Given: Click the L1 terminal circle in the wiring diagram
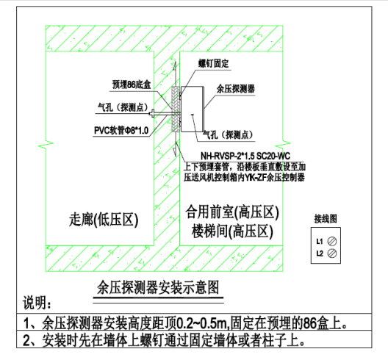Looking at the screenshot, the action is (332, 241).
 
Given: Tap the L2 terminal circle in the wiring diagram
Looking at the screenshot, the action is (332, 253).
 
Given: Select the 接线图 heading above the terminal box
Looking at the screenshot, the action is (326, 219).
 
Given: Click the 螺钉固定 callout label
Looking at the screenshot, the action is (214, 64).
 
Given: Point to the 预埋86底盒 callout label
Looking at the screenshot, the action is (132, 84).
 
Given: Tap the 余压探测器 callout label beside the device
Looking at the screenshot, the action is (236, 89).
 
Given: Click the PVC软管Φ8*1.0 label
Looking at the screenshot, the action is (121, 130).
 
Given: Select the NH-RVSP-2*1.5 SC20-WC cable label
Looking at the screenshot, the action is (245, 156).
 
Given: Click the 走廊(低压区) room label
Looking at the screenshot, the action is (104, 220).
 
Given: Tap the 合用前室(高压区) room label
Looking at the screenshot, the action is (232, 212).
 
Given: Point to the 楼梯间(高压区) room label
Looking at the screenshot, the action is (232, 231).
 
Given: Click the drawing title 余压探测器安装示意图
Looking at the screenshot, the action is (158, 287).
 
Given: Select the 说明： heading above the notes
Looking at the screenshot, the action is (37, 303).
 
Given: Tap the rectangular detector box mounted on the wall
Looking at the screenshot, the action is (193, 109).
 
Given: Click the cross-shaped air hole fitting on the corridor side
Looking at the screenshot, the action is (152, 114).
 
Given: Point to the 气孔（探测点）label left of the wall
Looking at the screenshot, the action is (123, 107).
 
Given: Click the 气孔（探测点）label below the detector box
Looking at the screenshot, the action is (228, 135).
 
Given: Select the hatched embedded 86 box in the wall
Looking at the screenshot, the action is (175, 109).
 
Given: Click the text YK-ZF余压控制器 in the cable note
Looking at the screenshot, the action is (274, 177).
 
